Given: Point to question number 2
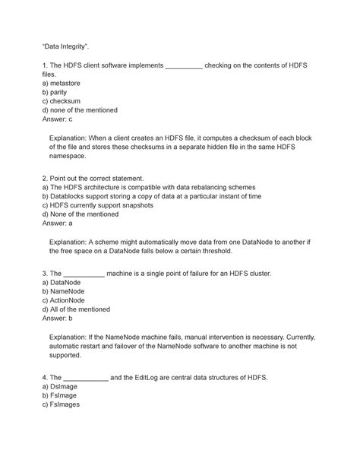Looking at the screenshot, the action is [46, 176].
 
